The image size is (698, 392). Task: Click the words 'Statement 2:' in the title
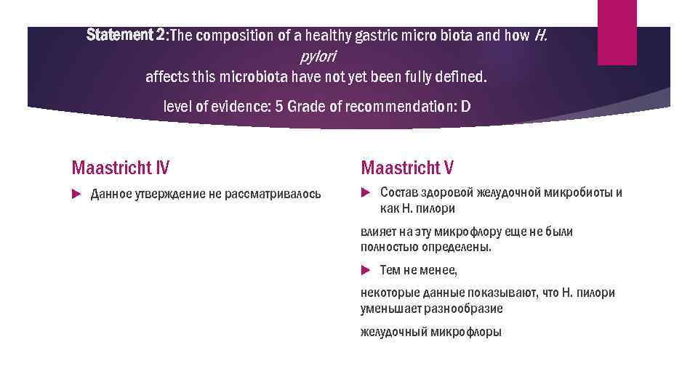point(127,35)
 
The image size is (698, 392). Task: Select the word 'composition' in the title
point(233,36)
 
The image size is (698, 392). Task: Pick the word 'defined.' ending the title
point(463,76)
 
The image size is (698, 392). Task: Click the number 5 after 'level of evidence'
point(278,107)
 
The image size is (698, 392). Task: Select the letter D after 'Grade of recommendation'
point(466,107)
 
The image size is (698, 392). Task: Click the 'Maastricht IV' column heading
point(121,168)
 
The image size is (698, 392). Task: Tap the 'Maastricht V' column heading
point(407,168)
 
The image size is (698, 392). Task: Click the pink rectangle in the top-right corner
point(617,32)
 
